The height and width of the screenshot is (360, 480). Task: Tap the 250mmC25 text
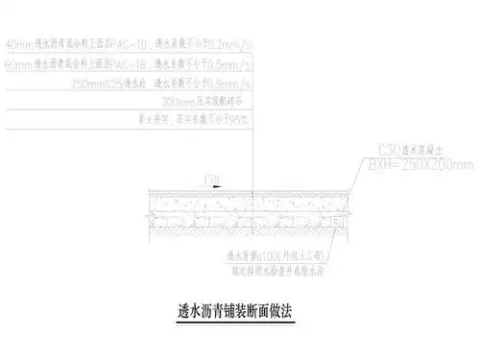click(107, 85)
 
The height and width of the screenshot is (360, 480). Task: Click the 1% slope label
click(208, 177)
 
